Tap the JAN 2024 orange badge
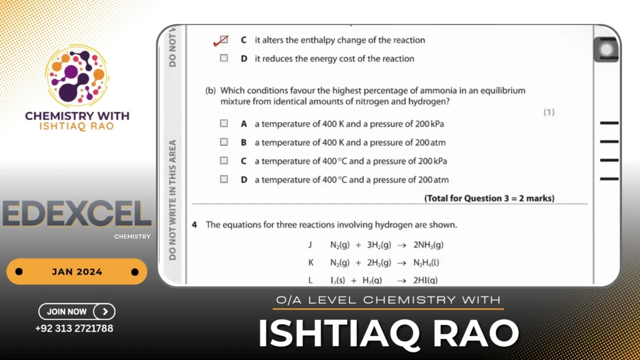[76, 272]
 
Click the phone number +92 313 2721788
[74, 328]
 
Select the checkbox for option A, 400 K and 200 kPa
[224, 123]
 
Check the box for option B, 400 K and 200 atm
[224, 142]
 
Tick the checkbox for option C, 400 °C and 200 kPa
[224, 160]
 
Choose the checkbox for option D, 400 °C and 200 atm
[224, 179]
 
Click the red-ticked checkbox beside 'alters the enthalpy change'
[223, 40]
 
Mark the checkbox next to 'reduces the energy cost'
[224, 58]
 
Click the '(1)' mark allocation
[549, 112]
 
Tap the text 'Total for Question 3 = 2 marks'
[489, 198]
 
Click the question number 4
[194, 225]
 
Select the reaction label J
[310, 245]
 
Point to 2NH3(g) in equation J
[428, 245]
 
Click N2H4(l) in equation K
[426, 262]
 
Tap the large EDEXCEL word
[76, 214]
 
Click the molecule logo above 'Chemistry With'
[76, 75]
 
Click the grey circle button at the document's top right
[606, 49]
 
